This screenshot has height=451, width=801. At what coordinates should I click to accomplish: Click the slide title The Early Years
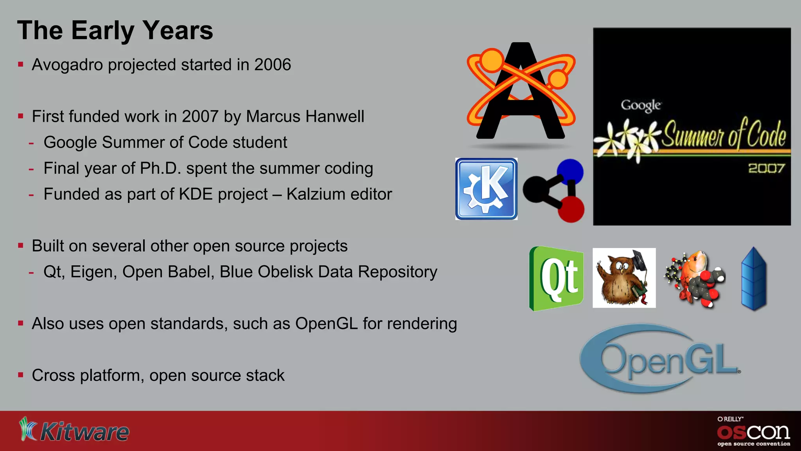pos(115,31)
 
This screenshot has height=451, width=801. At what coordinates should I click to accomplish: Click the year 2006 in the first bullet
pos(273,65)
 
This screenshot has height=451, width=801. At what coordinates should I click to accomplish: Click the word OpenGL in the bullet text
pos(326,324)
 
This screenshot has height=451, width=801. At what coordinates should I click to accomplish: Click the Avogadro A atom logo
pos(521,92)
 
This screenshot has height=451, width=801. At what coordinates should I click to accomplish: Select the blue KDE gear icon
pos(486,189)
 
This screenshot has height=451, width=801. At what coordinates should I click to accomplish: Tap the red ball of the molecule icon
pos(571,209)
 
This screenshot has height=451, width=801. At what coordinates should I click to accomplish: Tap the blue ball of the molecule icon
pos(570,171)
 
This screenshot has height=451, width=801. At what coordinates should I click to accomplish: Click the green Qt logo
pos(557,278)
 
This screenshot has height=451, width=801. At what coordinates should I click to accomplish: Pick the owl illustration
pos(624,278)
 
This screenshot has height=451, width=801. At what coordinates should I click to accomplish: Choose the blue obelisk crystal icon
pos(754,278)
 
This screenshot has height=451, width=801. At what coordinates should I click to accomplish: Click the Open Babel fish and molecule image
pos(695,279)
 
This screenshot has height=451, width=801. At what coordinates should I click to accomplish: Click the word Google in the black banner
pos(641,105)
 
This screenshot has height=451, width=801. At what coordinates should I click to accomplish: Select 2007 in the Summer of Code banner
pos(766,168)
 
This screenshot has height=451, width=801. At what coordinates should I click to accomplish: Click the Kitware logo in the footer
pos(74,430)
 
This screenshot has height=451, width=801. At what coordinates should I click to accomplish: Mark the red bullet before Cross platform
pos(21,375)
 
